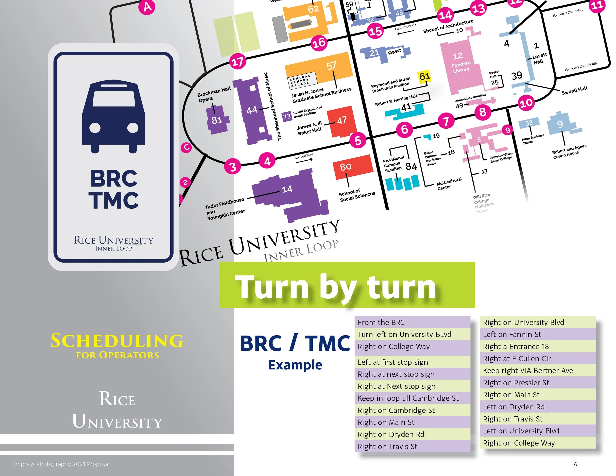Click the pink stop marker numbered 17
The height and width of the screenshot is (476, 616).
(x=238, y=62)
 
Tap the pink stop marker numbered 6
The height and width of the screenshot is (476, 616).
(x=404, y=129)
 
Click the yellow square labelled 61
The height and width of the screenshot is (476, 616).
(x=424, y=76)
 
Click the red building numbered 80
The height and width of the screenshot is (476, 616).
(x=353, y=167)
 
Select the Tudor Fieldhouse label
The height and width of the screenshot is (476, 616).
(x=224, y=202)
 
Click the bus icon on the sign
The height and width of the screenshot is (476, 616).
(x=113, y=117)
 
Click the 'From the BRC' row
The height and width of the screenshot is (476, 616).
(x=412, y=322)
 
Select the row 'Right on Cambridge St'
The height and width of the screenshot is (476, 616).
(x=412, y=410)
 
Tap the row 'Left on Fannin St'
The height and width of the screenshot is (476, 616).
(x=537, y=334)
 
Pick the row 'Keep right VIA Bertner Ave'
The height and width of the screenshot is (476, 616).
(x=537, y=370)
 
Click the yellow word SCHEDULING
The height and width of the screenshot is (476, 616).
(x=117, y=341)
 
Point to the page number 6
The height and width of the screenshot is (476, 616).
(x=575, y=464)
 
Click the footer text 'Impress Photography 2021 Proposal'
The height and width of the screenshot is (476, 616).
(x=62, y=464)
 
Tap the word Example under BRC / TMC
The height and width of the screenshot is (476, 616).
(x=295, y=365)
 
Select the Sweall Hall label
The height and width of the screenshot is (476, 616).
(x=575, y=90)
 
